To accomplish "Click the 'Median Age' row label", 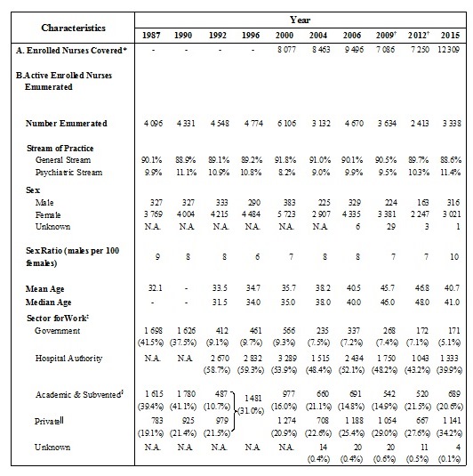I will (x=53, y=303).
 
